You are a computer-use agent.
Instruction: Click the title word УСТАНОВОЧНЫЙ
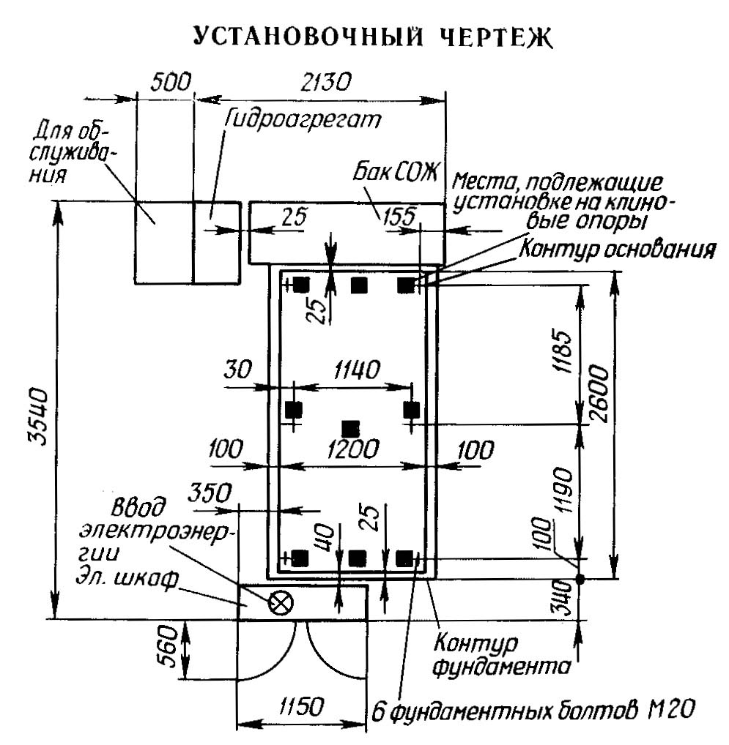pos(308,36)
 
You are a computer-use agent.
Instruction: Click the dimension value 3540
pos(37,416)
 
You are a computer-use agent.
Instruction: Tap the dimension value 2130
pos(326,82)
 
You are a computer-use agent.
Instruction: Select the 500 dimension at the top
pos(170,82)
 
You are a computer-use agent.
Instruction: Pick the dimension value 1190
pos(564,490)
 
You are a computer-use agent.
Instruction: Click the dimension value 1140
pos(357,370)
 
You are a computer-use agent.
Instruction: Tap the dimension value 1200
pos(353,448)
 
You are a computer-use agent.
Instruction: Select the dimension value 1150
pos(301,706)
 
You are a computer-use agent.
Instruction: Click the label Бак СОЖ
pos(395,173)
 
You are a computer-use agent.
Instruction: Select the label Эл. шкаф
pos(128,578)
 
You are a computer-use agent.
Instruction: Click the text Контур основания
pos(617,249)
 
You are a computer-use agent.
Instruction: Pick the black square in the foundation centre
pos(351,429)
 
